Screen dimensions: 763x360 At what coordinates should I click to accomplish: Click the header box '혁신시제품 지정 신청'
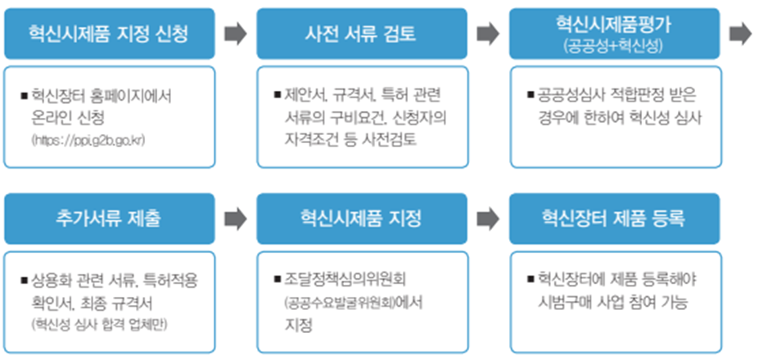[110, 34]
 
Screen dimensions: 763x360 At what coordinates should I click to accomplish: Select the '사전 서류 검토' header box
[362, 34]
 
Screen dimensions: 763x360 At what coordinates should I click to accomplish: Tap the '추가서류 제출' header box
[110, 218]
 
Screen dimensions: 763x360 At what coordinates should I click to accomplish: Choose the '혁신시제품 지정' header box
[362, 218]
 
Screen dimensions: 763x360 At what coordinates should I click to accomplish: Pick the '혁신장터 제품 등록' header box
[615, 218]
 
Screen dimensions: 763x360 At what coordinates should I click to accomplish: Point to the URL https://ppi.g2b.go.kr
[88, 141]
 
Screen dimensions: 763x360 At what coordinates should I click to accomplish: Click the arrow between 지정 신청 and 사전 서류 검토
[236, 34]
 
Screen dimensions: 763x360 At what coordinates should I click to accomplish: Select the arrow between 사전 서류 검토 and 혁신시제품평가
[488, 34]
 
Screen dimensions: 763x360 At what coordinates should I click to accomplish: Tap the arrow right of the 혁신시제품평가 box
[741, 34]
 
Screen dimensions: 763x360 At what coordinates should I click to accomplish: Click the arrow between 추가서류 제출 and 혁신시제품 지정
[236, 219]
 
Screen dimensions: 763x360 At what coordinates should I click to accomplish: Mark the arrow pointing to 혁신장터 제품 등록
[488, 219]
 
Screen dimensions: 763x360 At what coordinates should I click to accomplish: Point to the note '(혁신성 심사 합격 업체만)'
[99, 325]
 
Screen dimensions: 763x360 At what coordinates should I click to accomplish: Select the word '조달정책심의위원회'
[345, 280]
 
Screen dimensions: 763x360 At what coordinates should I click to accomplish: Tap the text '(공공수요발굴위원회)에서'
[354, 303]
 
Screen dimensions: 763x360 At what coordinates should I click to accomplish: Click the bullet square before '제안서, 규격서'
[278, 94]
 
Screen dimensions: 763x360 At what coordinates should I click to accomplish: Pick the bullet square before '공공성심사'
[530, 94]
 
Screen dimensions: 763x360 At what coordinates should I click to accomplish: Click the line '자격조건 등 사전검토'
[350, 141]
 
